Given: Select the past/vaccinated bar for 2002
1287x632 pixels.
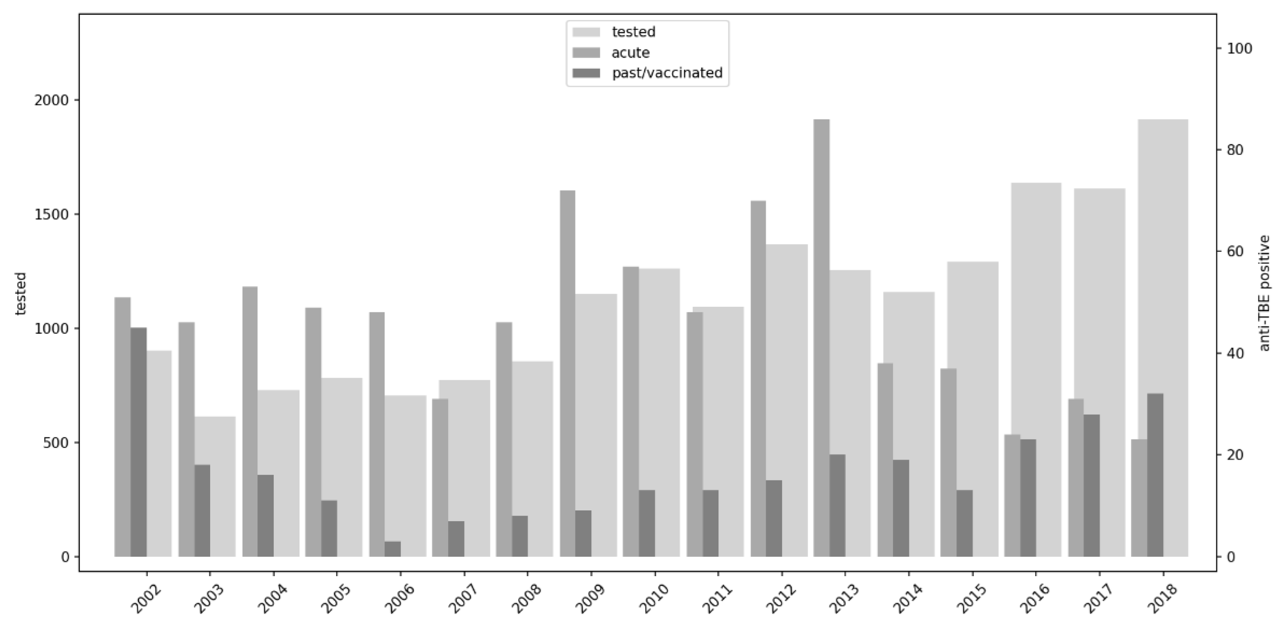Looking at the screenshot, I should pyautogui.click(x=138, y=442).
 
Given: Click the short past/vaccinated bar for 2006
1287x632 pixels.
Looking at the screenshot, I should pyautogui.click(x=392, y=549).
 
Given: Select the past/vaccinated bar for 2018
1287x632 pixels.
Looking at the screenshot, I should pyautogui.click(x=1155, y=475).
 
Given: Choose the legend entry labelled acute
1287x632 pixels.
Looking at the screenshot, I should pyautogui.click(x=630, y=52).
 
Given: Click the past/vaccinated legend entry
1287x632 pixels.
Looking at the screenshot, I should pyautogui.click(x=666, y=73).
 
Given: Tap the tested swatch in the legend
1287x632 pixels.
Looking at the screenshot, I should pyautogui.click(x=586, y=32).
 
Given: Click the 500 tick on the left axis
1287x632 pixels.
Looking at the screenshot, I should pyautogui.click(x=55, y=443).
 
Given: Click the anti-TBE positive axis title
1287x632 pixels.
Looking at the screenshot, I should pyautogui.click(x=1264, y=293).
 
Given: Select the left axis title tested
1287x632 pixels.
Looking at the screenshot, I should pyautogui.click(x=21, y=294).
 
